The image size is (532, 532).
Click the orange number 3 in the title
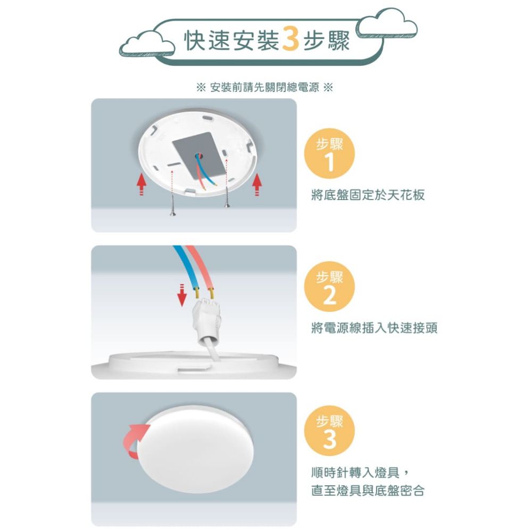pyautogui.click(x=290, y=40)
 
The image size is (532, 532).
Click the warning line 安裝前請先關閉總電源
pyautogui.click(x=264, y=88)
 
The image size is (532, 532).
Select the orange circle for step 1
pyautogui.click(x=329, y=153)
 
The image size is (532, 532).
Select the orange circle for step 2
pyautogui.click(x=329, y=286)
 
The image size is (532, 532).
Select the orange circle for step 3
pyautogui.click(x=329, y=431)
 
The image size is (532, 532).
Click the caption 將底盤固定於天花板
pyautogui.click(x=368, y=195)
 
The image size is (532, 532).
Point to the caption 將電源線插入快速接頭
pyautogui.click(x=374, y=328)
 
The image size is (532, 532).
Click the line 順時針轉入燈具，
pyautogui.click(x=361, y=472)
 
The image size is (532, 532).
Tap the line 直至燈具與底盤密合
pyautogui.click(x=368, y=491)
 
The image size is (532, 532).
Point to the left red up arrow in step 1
pyautogui.click(x=142, y=184)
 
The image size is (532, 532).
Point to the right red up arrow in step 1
pyautogui.click(x=257, y=184)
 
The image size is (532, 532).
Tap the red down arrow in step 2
pyautogui.click(x=182, y=295)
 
